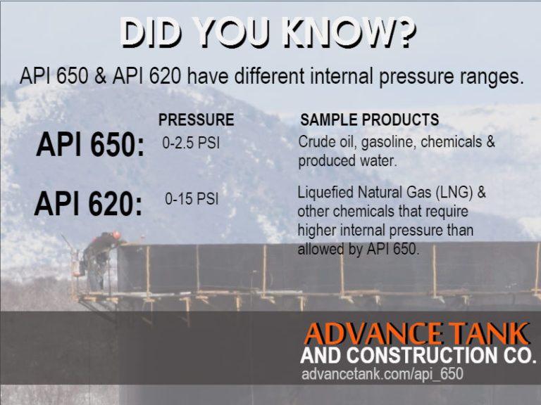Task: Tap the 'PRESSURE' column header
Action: [x=196, y=120]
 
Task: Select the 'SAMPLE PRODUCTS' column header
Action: [x=369, y=120]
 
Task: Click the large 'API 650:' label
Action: [x=90, y=145]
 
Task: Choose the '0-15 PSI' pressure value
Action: [x=192, y=199]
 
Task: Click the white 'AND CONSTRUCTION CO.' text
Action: [x=418, y=355]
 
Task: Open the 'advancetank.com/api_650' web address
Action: [x=382, y=374]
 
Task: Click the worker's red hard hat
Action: [x=116, y=235]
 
